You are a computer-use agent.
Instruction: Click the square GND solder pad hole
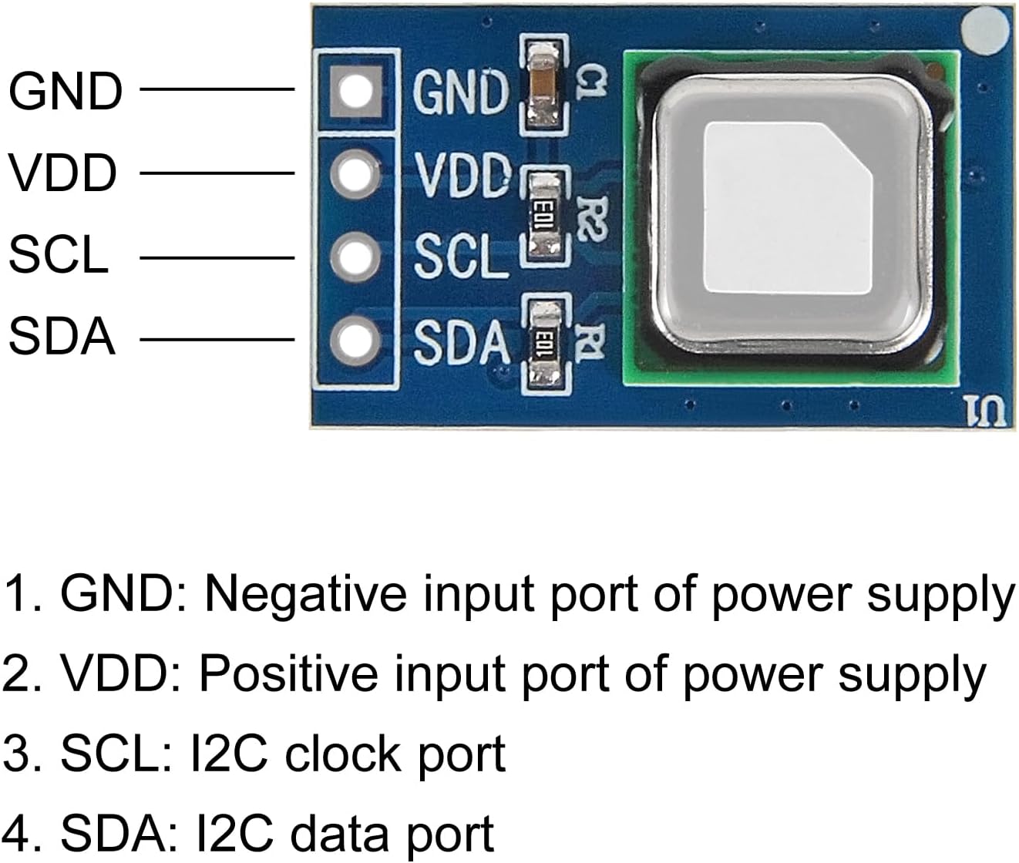(x=355, y=91)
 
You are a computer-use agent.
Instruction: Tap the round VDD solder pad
(x=355, y=173)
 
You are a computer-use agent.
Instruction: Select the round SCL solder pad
(x=355, y=257)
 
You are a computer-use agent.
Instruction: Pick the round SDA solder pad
(x=355, y=339)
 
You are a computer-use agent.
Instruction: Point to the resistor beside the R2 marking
(x=545, y=217)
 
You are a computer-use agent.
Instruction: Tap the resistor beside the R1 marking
(x=545, y=344)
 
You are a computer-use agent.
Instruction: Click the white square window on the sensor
(x=787, y=209)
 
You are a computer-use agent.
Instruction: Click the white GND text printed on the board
(x=460, y=92)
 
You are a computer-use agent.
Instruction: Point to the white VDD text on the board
(x=462, y=174)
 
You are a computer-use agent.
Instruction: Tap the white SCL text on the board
(x=460, y=257)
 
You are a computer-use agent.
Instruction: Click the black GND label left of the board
(x=66, y=91)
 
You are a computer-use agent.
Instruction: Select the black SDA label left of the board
(x=62, y=337)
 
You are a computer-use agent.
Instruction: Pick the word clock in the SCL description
(x=343, y=754)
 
